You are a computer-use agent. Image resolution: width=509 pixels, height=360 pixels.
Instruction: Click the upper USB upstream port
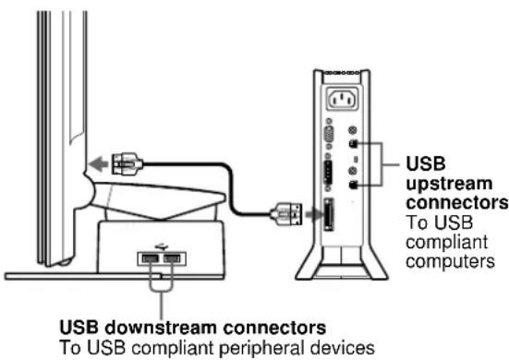[353, 144]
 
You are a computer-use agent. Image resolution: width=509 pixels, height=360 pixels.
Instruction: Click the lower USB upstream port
[353, 184]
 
